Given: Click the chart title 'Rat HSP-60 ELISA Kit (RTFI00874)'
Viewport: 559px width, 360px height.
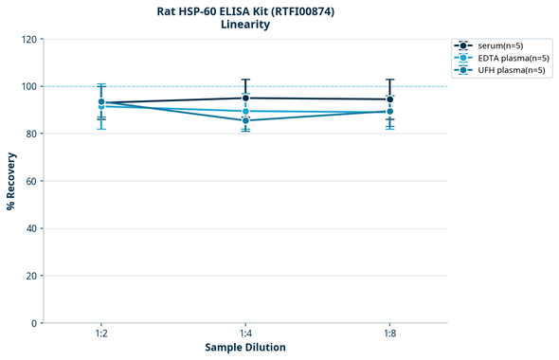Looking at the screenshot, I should (245, 11).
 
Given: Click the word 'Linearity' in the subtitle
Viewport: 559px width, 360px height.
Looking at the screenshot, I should (245, 26).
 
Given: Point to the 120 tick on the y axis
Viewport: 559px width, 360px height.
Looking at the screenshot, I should (28, 39).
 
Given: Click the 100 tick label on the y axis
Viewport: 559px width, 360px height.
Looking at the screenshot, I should (28, 86).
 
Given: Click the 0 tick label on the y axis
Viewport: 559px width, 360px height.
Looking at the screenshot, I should (34, 323).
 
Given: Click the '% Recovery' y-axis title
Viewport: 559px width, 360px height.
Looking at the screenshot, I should (11, 181).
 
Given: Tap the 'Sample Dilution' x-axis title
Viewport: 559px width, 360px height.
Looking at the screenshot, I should (245, 348).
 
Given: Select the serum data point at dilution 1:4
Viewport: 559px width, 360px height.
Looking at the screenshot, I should (245, 98).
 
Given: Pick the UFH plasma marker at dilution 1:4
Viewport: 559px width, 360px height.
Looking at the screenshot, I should (245, 120).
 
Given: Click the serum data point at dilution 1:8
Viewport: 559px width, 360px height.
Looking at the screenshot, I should (389, 99).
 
